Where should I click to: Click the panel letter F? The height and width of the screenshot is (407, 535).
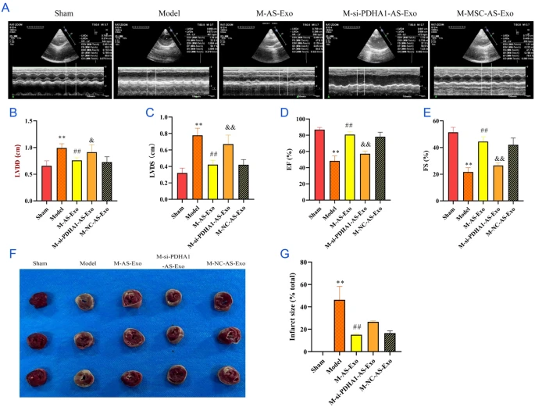(x=9, y=252)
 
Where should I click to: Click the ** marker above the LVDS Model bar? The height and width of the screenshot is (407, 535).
(x=199, y=125)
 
